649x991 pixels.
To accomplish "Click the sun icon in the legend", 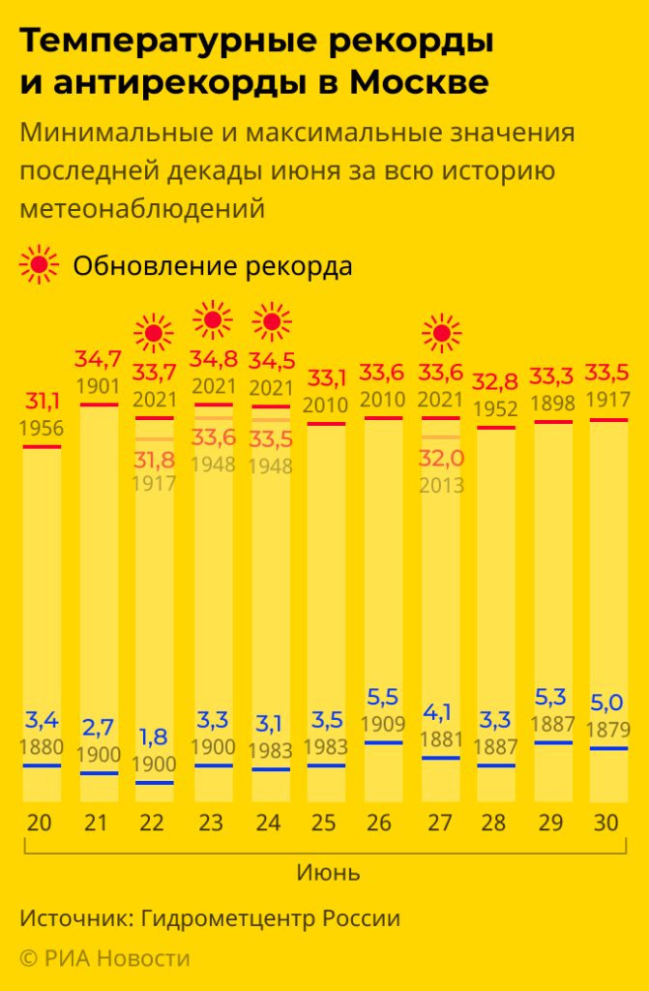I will coord(39,264).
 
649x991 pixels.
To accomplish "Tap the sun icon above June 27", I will coord(442,335).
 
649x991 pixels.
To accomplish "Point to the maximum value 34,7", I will coord(99,361).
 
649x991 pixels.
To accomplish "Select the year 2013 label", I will coord(442,485).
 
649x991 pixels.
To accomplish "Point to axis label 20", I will coord(41,824).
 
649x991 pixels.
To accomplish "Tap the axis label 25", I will coord(326,824).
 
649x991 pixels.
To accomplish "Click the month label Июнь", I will coord(327,873).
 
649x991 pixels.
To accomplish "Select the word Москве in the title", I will coord(418,83).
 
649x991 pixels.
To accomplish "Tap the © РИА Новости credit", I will coord(104,957).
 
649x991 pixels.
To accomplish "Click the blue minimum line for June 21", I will coord(99,773).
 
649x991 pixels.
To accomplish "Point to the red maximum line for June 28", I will coord(495,427).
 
